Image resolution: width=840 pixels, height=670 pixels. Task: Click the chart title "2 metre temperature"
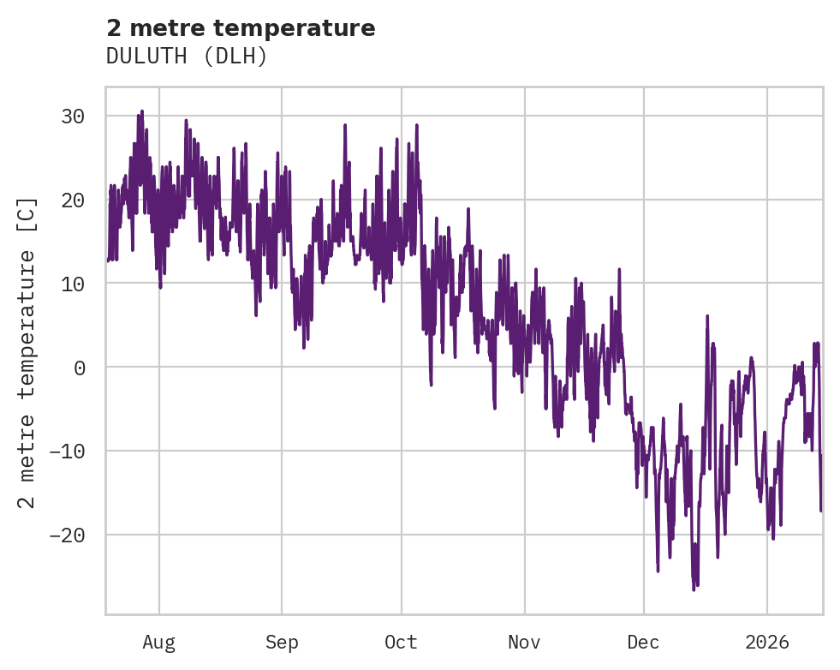click(241, 28)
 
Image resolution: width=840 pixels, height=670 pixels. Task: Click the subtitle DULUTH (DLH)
click(187, 56)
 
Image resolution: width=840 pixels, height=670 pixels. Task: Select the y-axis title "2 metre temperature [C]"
click(27, 352)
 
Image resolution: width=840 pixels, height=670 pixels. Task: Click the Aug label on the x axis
click(159, 643)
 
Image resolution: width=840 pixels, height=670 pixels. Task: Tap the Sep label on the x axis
click(282, 643)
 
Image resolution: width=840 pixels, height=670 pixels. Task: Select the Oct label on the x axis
click(401, 643)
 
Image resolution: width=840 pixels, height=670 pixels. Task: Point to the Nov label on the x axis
click(524, 643)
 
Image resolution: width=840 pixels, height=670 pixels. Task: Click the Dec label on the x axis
click(643, 643)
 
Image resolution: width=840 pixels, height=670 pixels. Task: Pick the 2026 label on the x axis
click(767, 643)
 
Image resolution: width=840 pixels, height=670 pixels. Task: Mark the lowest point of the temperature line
click(694, 590)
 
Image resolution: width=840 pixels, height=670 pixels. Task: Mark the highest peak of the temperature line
click(142, 111)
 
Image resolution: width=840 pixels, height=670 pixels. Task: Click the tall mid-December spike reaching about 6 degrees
click(707, 316)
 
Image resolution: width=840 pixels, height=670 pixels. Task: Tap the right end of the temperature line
click(821, 511)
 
